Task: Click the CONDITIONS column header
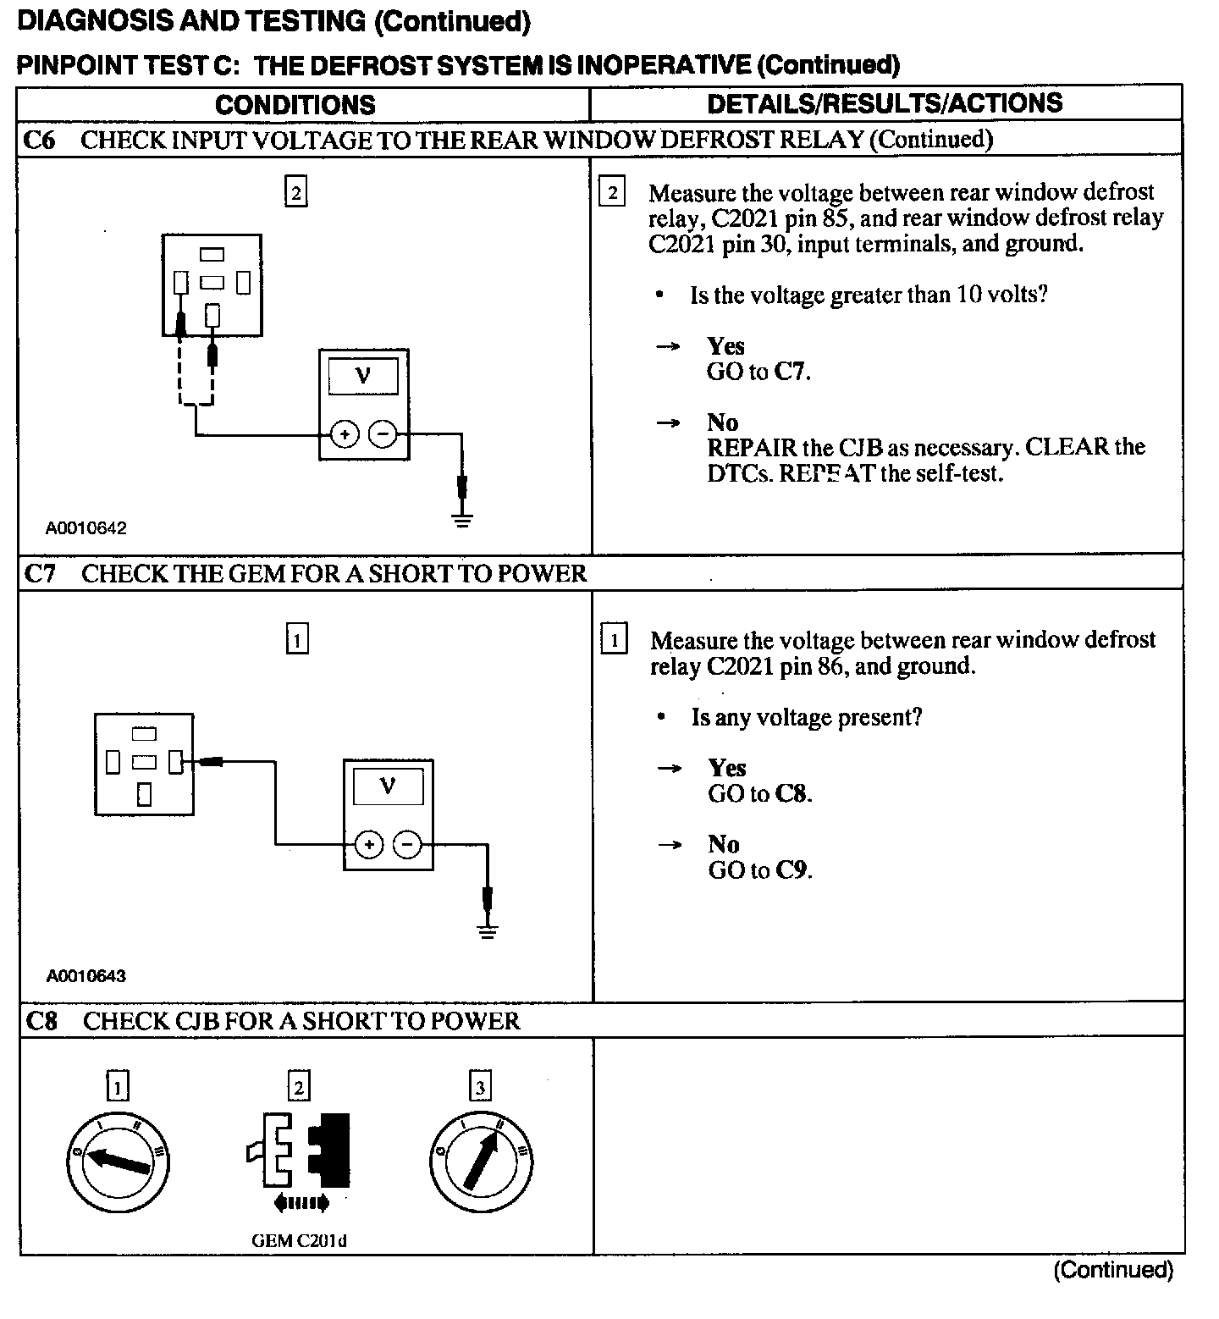point(295,105)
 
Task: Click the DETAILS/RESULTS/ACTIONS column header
point(884,103)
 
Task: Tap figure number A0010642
point(85,528)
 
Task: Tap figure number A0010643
point(85,976)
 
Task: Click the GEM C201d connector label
point(299,1241)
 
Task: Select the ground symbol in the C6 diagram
point(462,520)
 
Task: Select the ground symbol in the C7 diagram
point(487,931)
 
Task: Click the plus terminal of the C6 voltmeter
point(344,435)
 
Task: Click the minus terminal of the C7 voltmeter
point(408,844)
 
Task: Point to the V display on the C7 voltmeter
point(388,787)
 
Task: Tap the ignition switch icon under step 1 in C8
point(118,1161)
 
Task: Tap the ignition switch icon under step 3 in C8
point(481,1161)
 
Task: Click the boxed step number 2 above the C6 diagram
point(295,194)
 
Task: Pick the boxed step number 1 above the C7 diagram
point(297,640)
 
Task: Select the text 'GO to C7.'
point(758,372)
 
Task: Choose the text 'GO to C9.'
point(760,870)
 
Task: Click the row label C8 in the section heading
point(41,1021)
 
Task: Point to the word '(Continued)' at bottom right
point(1113,1270)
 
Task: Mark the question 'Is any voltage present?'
point(806,718)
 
